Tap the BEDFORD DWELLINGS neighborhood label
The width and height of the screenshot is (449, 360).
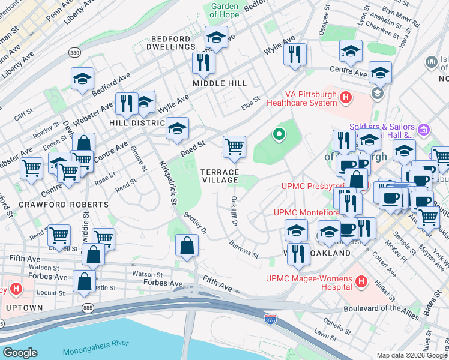pyautogui.click(x=173, y=42)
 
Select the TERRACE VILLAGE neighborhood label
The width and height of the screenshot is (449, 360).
pyautogui.click(x=219, y=176)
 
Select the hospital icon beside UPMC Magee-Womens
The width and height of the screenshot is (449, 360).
pyautogui.click(x=361, y=281)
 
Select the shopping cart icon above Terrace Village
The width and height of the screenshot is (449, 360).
pyautogui.click(x=234, y=146)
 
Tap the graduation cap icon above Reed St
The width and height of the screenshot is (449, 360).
pyautogui.click(x=177, y=128)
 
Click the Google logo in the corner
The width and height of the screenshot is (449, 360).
pyautogui.click(x=20, y=353)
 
